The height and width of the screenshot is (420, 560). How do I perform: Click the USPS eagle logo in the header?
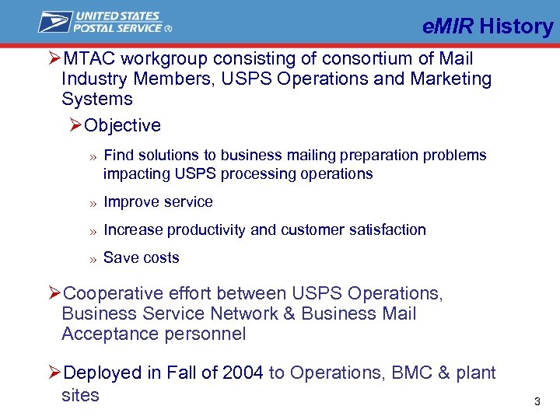pyautogui.click(x=55, y=22)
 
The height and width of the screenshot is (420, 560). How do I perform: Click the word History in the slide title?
pyautogui.click(x=516, y=26)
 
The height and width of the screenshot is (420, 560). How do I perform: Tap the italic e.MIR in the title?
pyautogui.click(x=449, y=26)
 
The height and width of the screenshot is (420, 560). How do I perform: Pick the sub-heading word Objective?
pyautogui.click(x=122, y=126)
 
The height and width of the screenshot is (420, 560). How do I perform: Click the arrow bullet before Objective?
pyautogui.click(x=75, y=126)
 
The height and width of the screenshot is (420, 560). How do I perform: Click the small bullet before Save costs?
pyautogui.click(x=92, y=259)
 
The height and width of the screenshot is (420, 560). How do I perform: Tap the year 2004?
pyautogui.click(x=243, y=373)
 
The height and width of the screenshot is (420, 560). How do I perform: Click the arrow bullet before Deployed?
pyautogui.click(x=54, y=373)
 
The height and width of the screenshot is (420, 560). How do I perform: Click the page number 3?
pyautogui.click(x=537, y=402)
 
